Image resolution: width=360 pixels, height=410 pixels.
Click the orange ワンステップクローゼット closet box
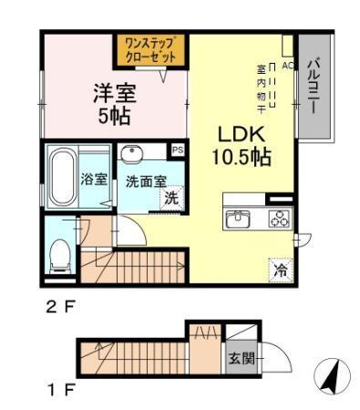149,47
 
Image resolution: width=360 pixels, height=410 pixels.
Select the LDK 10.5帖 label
241,144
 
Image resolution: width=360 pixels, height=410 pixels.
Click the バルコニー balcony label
312,87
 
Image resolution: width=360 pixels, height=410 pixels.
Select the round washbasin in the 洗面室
134,154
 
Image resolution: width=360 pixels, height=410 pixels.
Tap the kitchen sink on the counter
240,218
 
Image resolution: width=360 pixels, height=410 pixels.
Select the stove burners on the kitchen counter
278,218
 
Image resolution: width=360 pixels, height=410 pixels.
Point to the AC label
286,67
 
